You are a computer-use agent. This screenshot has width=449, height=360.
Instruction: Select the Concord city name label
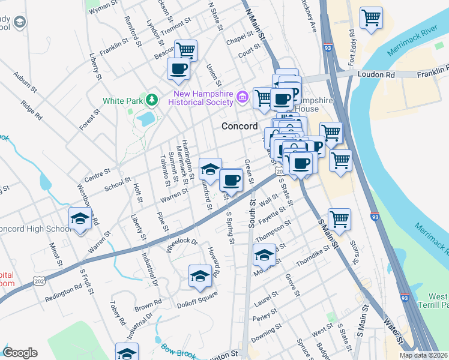(240, 127)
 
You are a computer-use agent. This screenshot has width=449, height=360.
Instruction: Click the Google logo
(20, 353)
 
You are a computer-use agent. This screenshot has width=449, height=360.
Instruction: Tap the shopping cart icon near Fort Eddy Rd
(371, 17)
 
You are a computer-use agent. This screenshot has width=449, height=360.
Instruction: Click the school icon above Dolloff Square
(200, 276)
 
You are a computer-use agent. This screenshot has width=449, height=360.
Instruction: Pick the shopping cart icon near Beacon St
(185, 50)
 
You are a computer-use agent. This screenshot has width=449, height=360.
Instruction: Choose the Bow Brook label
(178, 348)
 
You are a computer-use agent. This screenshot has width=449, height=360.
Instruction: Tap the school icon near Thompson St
(264, 255)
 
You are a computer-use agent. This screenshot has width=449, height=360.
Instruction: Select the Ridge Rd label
(31, 109)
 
